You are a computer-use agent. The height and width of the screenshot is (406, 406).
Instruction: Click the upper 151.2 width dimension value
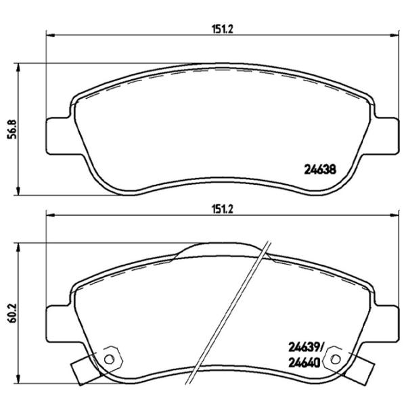(x=218, y=28)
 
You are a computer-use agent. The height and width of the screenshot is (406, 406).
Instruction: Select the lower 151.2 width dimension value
(x=218, y=210)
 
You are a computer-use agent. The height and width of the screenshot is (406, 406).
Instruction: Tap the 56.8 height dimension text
(x=11, y=128)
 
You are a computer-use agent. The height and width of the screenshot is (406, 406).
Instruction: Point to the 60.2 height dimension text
(x=11, y=316)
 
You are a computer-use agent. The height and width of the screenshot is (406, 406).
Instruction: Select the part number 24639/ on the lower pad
(x=308, y=348)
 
